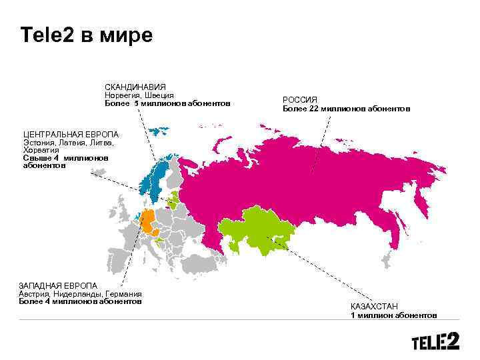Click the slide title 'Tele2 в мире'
pos(87,35)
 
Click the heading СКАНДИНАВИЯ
pos(135,87)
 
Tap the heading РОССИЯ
pos(300,99)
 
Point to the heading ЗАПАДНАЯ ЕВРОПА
pos(58,286)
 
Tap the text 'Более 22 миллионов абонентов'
pos(346,108)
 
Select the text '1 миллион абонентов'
pos(394,315)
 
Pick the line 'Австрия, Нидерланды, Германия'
pos(80,294)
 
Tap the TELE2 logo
pos(435,341)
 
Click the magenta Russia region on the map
pos(300,180)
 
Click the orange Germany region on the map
pos(147,220)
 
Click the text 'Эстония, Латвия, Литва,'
pos(69,143)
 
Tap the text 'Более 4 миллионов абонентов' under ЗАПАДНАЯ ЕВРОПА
pos(80,301)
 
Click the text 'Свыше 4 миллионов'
pos(65,158)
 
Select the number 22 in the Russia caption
pos(313,108)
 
